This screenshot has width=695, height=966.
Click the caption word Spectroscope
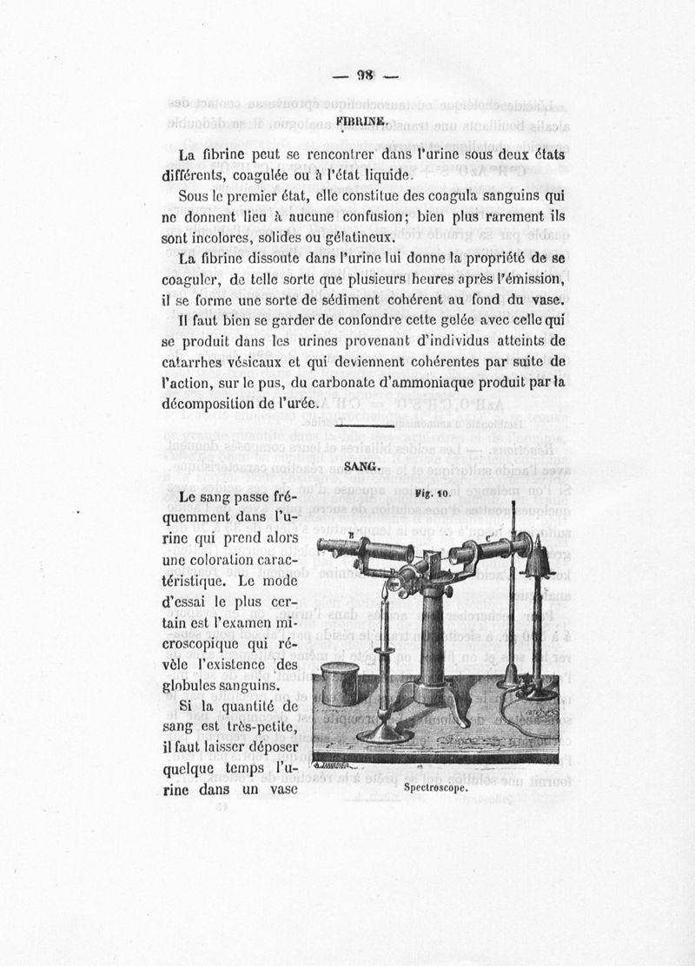[x=436, y=790]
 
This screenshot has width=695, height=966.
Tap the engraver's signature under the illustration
[x=334, y=766]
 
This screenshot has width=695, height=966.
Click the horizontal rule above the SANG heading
[x=363, y=425]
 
